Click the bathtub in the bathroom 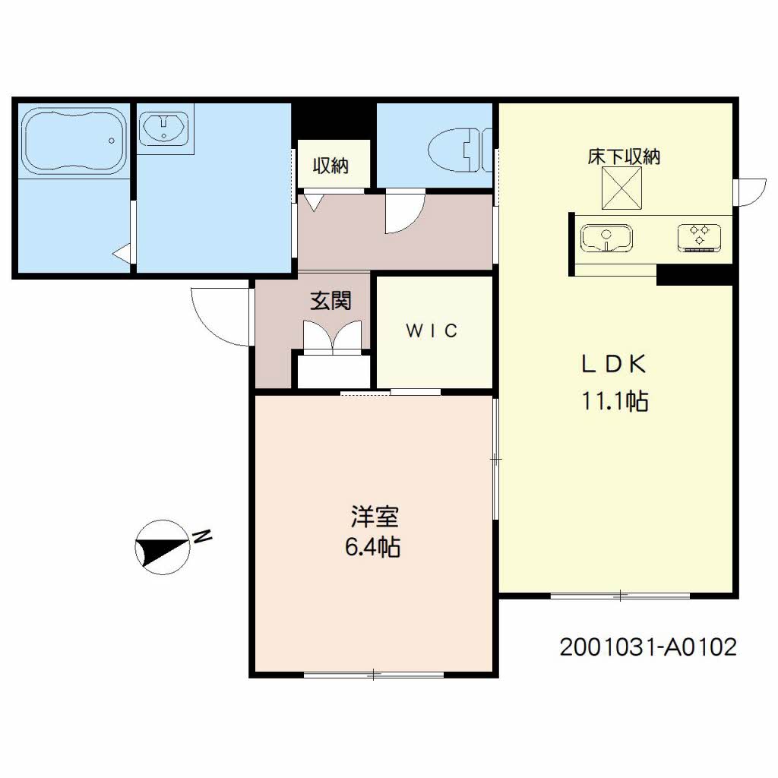click(x=74, y=141)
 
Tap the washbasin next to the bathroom click(x=164, y=128)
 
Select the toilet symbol click(x=460, y=150)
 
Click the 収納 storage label click(x=330, y=166)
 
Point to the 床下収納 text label click(x=624, y=157)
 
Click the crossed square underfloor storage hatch click(x=621, y=188)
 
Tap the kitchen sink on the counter click(x=606, y=239)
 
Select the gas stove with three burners click(x=699, y=238)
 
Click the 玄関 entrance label click(x=330, y=301)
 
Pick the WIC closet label click(x=432, y=331)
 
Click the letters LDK click(x=614, y=365)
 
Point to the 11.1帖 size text click(x=615, y=401)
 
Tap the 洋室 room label click(x=374, y=517)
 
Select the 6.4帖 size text click(x=372, y=548)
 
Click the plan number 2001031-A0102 click(x=648, y=647)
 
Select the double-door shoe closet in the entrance click(x=332, y=337)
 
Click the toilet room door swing click(x=406, y=213)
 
